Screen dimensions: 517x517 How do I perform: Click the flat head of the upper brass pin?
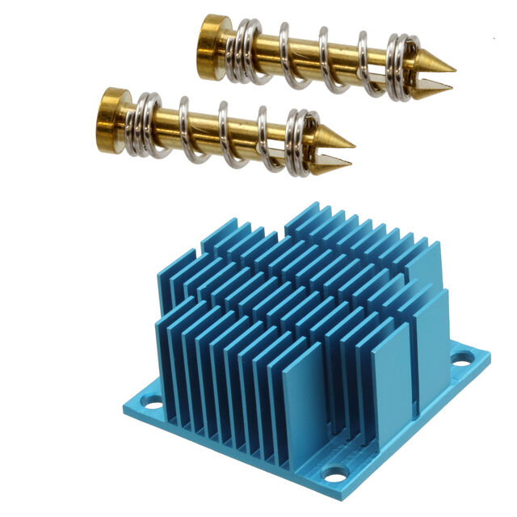(212, 46)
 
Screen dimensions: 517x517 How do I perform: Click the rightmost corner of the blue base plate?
(489, 353)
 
